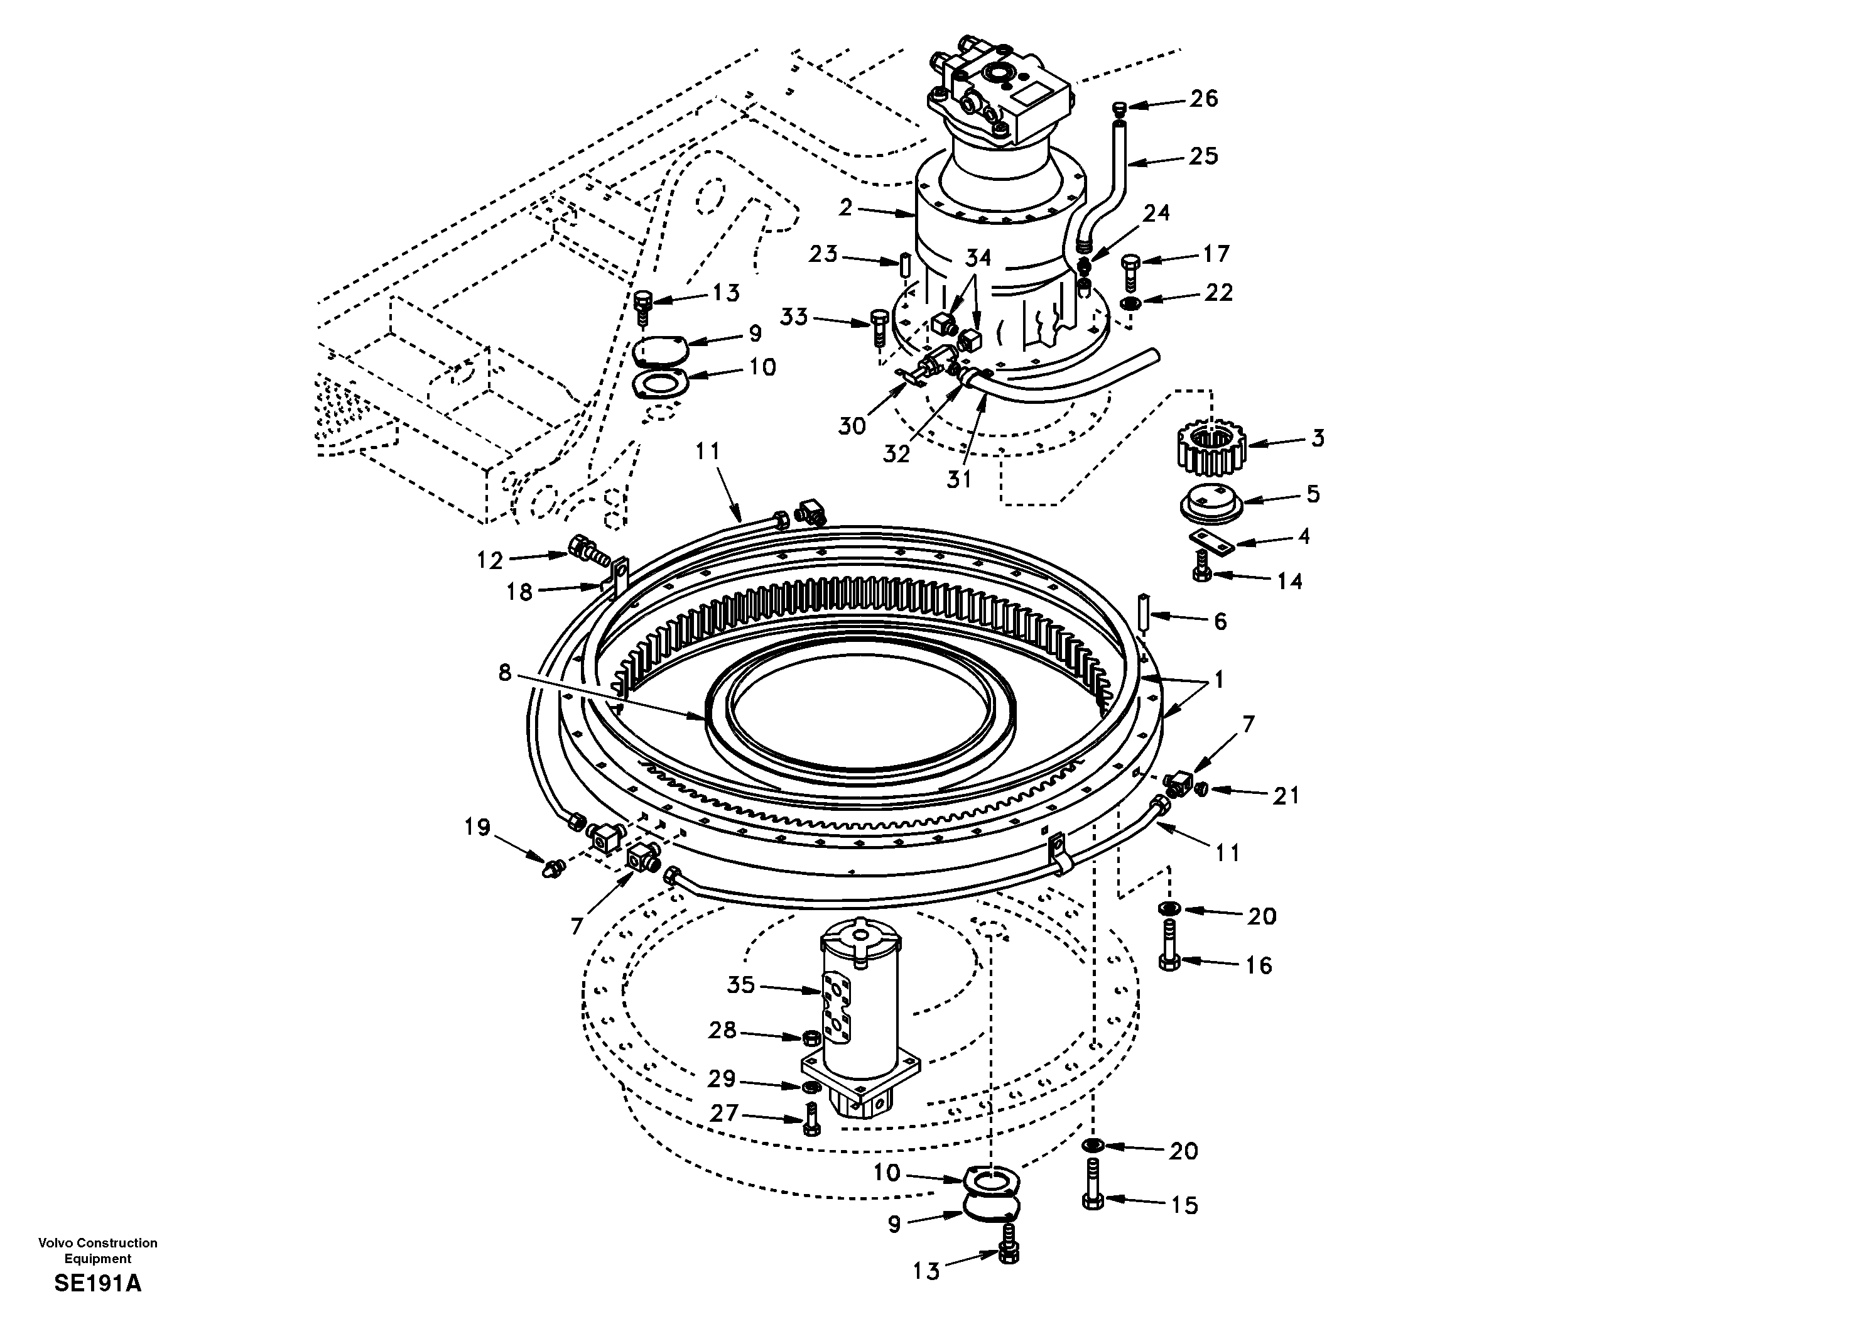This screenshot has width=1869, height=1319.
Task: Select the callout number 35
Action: coord(741,985)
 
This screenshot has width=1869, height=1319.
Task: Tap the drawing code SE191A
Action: coord(98,1284)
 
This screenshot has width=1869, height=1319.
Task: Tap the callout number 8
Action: coord(505,673)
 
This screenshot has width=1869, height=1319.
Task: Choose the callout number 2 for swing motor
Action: coord(845,209)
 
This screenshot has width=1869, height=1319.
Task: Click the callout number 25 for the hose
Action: coord(1203,156)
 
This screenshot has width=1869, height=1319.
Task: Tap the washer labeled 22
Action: coord(1129,304)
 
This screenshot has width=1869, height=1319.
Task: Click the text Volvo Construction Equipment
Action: coord(98,1250)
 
